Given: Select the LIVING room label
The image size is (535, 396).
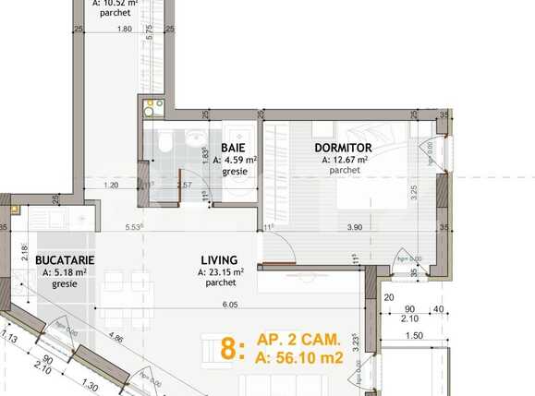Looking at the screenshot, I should (x=219, y=260).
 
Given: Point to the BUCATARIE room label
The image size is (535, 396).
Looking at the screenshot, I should (x=63, y=261).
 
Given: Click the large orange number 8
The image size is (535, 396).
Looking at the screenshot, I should (x=230, y=350).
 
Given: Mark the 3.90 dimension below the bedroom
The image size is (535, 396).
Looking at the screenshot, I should (x=354, y=227).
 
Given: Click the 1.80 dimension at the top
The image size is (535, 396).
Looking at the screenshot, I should (x=124, y=29).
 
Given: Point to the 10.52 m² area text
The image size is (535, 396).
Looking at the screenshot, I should (x=116, y=3).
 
